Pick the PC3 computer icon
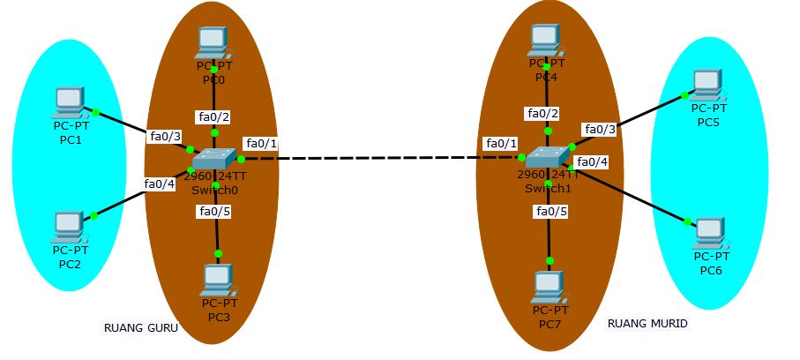216,281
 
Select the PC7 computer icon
549,286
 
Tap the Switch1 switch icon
547,157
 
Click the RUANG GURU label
141,328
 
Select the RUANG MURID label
647,324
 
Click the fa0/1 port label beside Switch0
261,143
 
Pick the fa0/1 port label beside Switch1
500,143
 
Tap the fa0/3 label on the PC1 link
165,136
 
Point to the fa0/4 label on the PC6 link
592,161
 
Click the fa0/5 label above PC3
215,211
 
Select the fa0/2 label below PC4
542,113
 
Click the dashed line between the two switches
379,158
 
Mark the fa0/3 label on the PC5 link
600,129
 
